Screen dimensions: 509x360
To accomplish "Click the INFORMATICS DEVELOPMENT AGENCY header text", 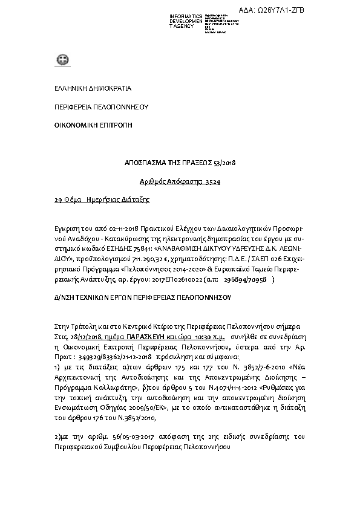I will point(186,21).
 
